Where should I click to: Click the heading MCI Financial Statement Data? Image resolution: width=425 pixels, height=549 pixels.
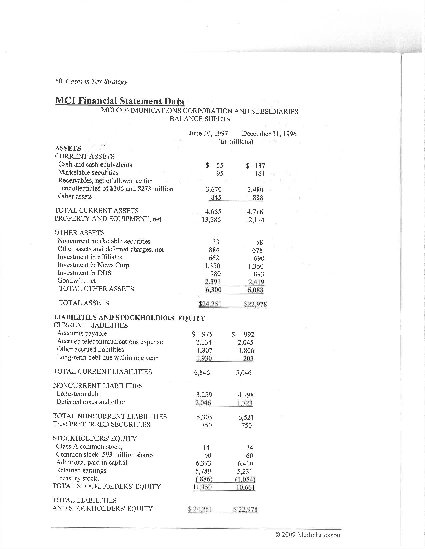tap(120, 101)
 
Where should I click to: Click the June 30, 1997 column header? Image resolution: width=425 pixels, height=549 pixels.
tap(208, 133)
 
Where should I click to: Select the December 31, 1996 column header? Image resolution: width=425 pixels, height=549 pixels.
tap(269, 134)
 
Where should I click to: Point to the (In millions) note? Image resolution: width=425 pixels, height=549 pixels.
tap(236, 142)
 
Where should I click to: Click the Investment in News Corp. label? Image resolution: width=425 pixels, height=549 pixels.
tap(94, 265)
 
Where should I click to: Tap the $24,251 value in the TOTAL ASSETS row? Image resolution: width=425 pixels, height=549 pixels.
tap(210, 304)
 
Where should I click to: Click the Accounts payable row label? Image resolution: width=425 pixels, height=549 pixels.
tap(82, 333)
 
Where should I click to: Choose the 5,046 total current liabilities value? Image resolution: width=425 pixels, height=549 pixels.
tap(244, 373)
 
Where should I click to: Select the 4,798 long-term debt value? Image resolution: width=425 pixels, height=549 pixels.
tap(246, 395)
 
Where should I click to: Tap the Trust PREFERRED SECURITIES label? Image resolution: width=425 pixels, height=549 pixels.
tap(101, 424)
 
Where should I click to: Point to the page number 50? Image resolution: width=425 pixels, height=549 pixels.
tap(59, 81)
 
